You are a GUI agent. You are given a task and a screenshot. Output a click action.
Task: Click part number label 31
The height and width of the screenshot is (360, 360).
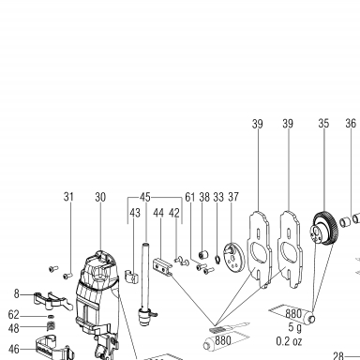[68, 197]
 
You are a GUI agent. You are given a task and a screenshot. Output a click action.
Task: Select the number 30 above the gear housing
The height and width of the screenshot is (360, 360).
[100, 197]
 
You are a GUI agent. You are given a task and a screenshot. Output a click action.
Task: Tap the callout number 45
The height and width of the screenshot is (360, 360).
[145, 197]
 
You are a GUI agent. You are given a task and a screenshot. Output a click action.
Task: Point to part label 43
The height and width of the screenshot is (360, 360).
[135, 213]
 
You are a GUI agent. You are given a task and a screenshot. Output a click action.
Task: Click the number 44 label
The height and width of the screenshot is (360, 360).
[158, 213]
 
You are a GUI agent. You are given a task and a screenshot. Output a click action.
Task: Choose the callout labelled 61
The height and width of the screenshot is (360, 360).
[190, 197]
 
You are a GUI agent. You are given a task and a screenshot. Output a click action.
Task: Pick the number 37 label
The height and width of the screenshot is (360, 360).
[233, 197]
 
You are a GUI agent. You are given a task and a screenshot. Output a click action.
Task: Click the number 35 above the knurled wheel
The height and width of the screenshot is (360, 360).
[323, 124]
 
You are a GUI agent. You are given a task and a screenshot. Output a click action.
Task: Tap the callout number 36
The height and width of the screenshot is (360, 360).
[351, 123]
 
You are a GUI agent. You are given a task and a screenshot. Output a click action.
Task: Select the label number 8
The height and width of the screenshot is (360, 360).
[16, 293]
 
